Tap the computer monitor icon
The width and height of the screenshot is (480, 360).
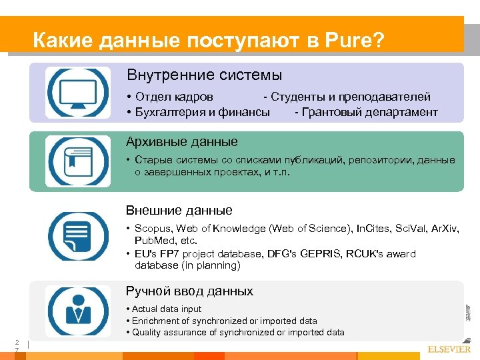pos(69,93)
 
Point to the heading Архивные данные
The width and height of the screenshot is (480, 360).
pos(182,141)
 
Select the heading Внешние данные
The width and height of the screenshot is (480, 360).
pos(179,210)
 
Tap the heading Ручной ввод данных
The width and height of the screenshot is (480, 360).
pos(190,291)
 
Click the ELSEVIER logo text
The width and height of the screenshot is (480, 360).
pos(449,349)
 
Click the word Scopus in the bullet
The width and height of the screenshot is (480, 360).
pos(153,229)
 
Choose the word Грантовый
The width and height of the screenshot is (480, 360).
pos(333,112)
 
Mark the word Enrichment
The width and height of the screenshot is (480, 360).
pos(157,321)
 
